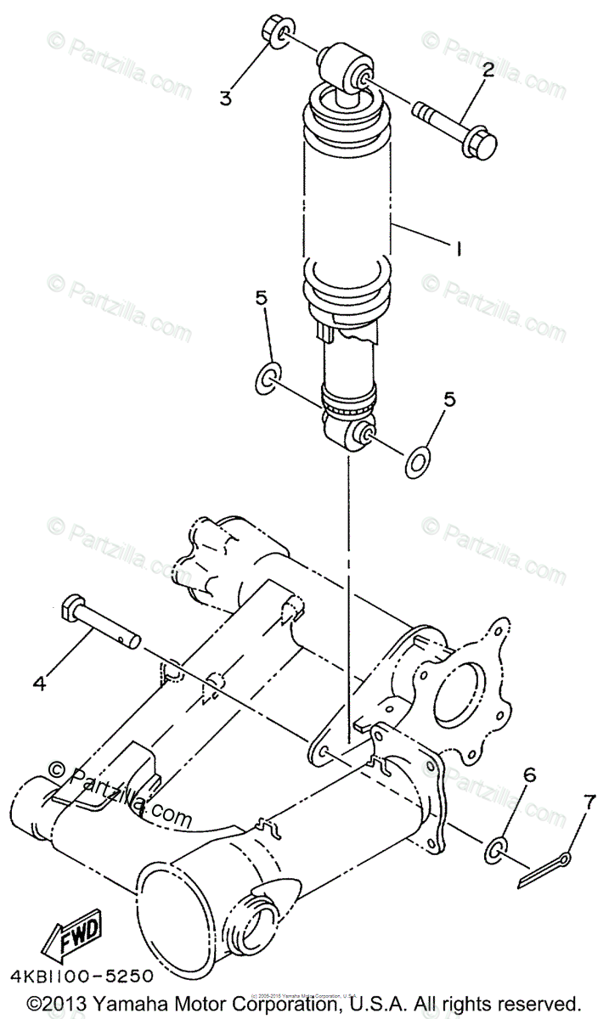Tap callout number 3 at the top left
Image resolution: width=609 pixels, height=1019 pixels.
(x=225, y=98)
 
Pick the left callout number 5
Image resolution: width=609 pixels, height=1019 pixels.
(x=261, y=298)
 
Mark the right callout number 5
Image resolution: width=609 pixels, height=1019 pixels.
(x=450, y=398)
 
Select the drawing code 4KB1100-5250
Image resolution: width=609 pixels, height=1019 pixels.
(x=82, y=975)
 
